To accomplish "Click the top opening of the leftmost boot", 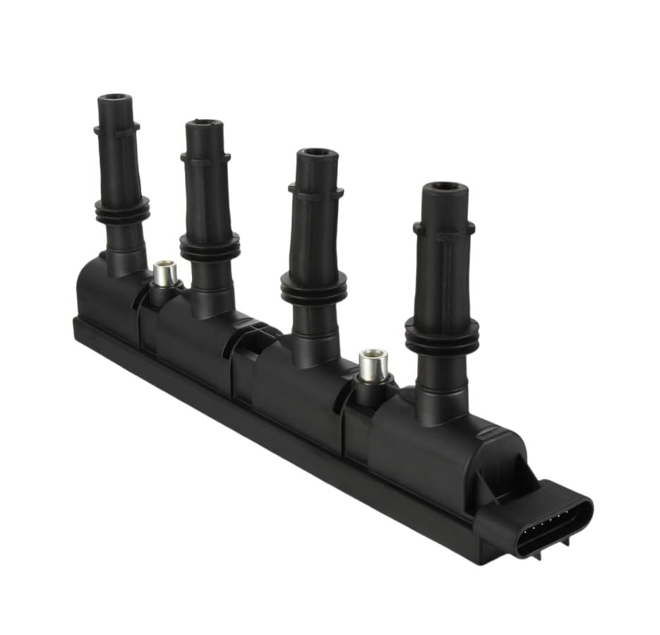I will click(x=116, y=97).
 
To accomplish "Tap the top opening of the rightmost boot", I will click(x=445, y=187).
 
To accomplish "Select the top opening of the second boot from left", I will click(x=204, y=124).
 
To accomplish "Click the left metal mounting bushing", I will click(x=164, y=273).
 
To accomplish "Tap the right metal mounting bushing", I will click(x=373, y=364).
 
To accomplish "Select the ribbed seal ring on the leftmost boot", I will click(x=122, y=210).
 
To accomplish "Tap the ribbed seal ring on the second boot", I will click(x=210, y=246).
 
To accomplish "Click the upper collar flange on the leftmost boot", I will click(x=116, y=129).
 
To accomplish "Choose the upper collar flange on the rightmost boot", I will click(x=443, y=227).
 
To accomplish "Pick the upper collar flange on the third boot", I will click(x=316, y=189).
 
